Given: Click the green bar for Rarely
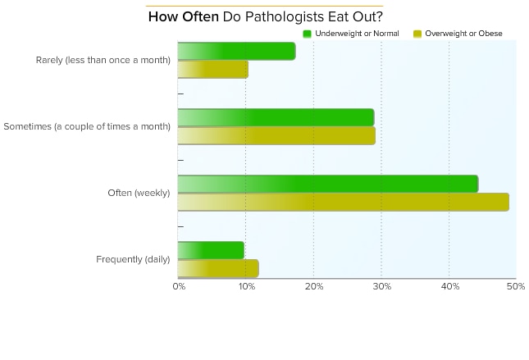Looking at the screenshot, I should click(x=236, y=51).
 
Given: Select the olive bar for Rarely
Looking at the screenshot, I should click(x=212, y=70).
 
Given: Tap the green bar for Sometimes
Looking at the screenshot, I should click(x=276, y=117).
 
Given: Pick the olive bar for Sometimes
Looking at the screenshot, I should click(x=276, y=135).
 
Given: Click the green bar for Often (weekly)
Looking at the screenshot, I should click(x=328, y=184).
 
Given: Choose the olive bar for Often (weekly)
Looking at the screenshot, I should click(x=343, y=202).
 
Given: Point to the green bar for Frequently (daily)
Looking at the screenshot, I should click(x=211, y=250).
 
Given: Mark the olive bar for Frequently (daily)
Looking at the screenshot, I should click(x=218, y=268).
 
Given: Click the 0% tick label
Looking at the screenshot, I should click(x=178, y=286).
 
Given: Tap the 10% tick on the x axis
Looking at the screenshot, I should click(x=245, y=286).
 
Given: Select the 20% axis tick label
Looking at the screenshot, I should click(x=313, y=286).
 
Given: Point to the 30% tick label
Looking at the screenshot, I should click(x=381, y=286).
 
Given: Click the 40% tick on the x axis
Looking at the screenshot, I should click(x=449, y=286).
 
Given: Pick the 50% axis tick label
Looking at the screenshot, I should click(x=516, y=286).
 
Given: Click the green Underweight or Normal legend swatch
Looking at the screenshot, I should click(x=308, y=34).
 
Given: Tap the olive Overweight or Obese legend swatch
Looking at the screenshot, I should click(x=417, y=34).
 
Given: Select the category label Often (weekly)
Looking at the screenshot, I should click(x=139, y=193).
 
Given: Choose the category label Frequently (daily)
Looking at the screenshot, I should click(x=133, y=259).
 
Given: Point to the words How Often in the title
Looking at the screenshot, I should click(x=184, y=17).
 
